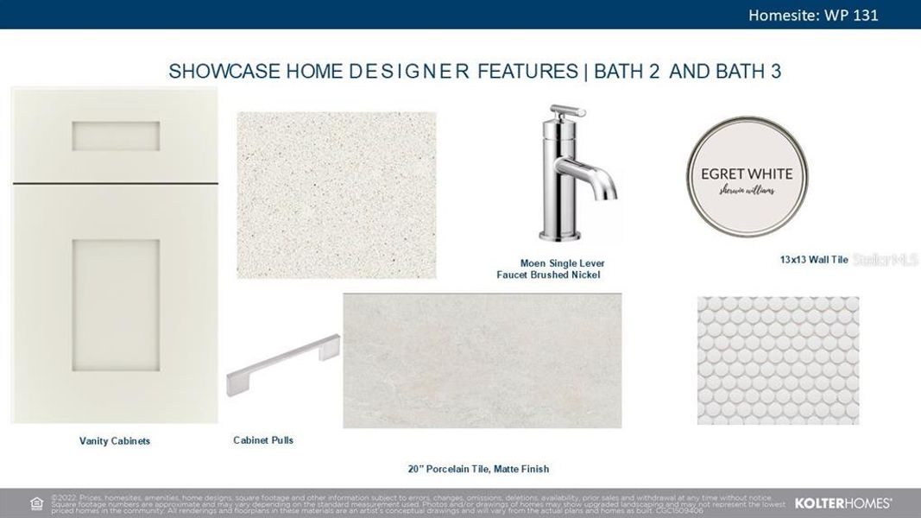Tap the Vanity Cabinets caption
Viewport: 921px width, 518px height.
click(x=115, y=441)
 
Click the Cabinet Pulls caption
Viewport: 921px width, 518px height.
click(x=263, y=440)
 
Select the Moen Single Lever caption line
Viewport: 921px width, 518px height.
click(x=562, y=263)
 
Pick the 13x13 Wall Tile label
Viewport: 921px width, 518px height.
click(x=814, y=259)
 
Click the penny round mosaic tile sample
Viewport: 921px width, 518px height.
click(x=778, y=360)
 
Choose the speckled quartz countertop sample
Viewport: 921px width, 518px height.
click(x=337, y=195)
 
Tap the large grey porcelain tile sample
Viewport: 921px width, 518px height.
click(x=482, y=360)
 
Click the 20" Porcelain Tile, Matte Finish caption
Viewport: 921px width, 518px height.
click(x=478, y=469)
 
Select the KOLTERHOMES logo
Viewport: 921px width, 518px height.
click(x=842, y=502)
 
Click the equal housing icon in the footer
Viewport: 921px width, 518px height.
click(x=36, y=502)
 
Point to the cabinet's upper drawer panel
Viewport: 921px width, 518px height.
click(x=116, y=136)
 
